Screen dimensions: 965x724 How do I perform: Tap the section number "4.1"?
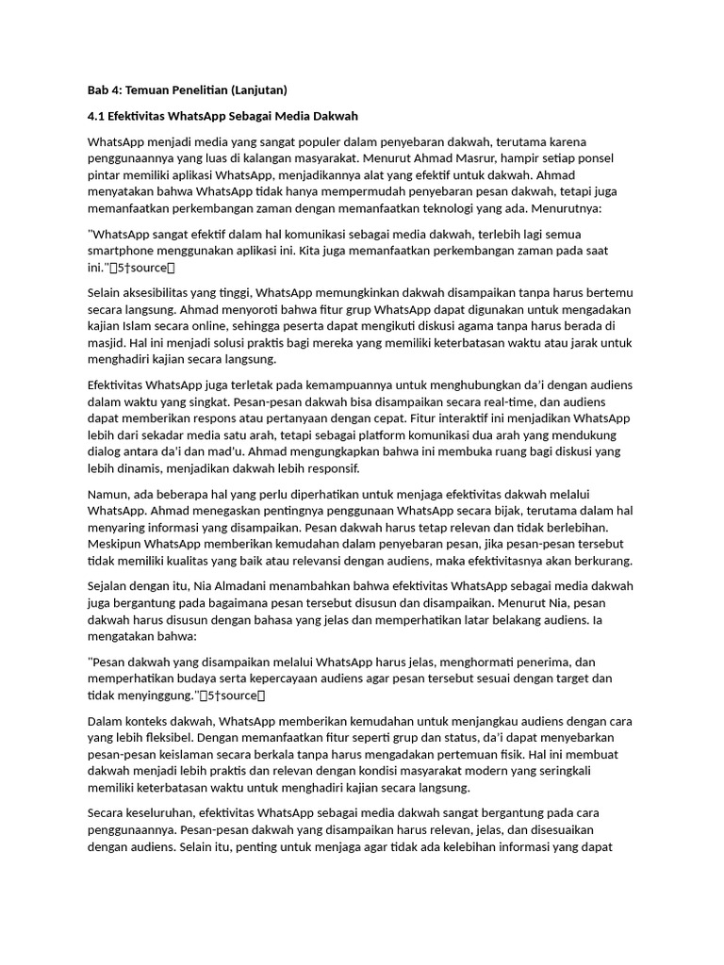tap(97, 116)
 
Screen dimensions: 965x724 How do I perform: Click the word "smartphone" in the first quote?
tap(122, 253)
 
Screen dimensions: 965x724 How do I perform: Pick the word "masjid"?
tap(107, 343)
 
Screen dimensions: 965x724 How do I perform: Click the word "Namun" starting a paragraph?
tap(109, 494)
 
